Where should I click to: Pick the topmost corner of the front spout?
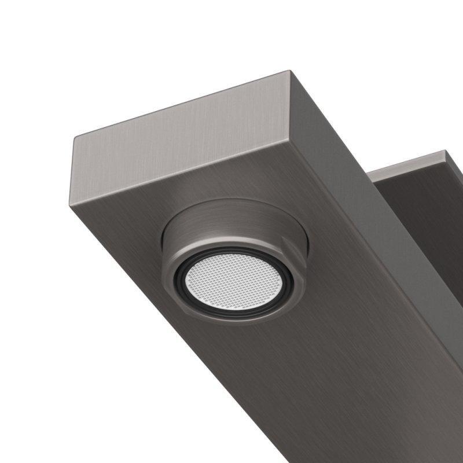coord(288,72)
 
